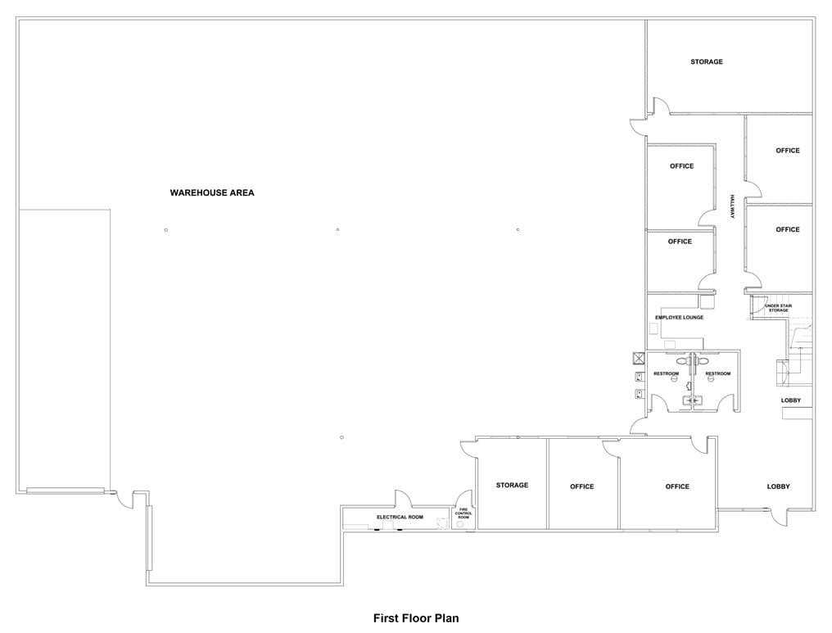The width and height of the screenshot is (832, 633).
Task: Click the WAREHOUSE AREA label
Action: (x=212, y=192)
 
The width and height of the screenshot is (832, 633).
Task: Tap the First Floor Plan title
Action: (x=416, y=618)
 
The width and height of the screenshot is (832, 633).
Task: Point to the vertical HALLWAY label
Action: (x=732, y=206)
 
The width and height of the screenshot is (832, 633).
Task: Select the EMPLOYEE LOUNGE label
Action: (x=679, y=317)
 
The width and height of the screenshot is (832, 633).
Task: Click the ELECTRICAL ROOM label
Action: (x=400, y=517)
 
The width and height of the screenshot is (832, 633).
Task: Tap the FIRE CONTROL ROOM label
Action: (x=463, y=513)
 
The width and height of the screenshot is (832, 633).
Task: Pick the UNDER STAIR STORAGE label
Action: (x=779, y=308)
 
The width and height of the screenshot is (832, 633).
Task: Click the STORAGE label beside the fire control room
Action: (x=512, y=485)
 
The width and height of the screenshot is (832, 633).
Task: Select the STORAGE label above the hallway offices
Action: (x=706, y=61)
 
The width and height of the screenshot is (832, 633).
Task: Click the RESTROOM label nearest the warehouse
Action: (x=666, y=373)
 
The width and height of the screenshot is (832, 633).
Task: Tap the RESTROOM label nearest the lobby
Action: (x=718, y=373)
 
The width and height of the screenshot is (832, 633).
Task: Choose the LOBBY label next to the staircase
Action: (x=790, y=400)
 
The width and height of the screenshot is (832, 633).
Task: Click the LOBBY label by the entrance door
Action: (x=779, y=486)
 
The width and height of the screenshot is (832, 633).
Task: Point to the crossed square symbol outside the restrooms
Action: (x=638, y=358)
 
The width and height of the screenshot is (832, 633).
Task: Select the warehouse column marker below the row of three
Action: (x=341, y=437)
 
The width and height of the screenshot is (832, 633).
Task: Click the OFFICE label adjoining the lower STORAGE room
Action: (x=581, y=486)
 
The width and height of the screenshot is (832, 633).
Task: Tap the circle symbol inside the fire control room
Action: (x=459, y=524)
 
